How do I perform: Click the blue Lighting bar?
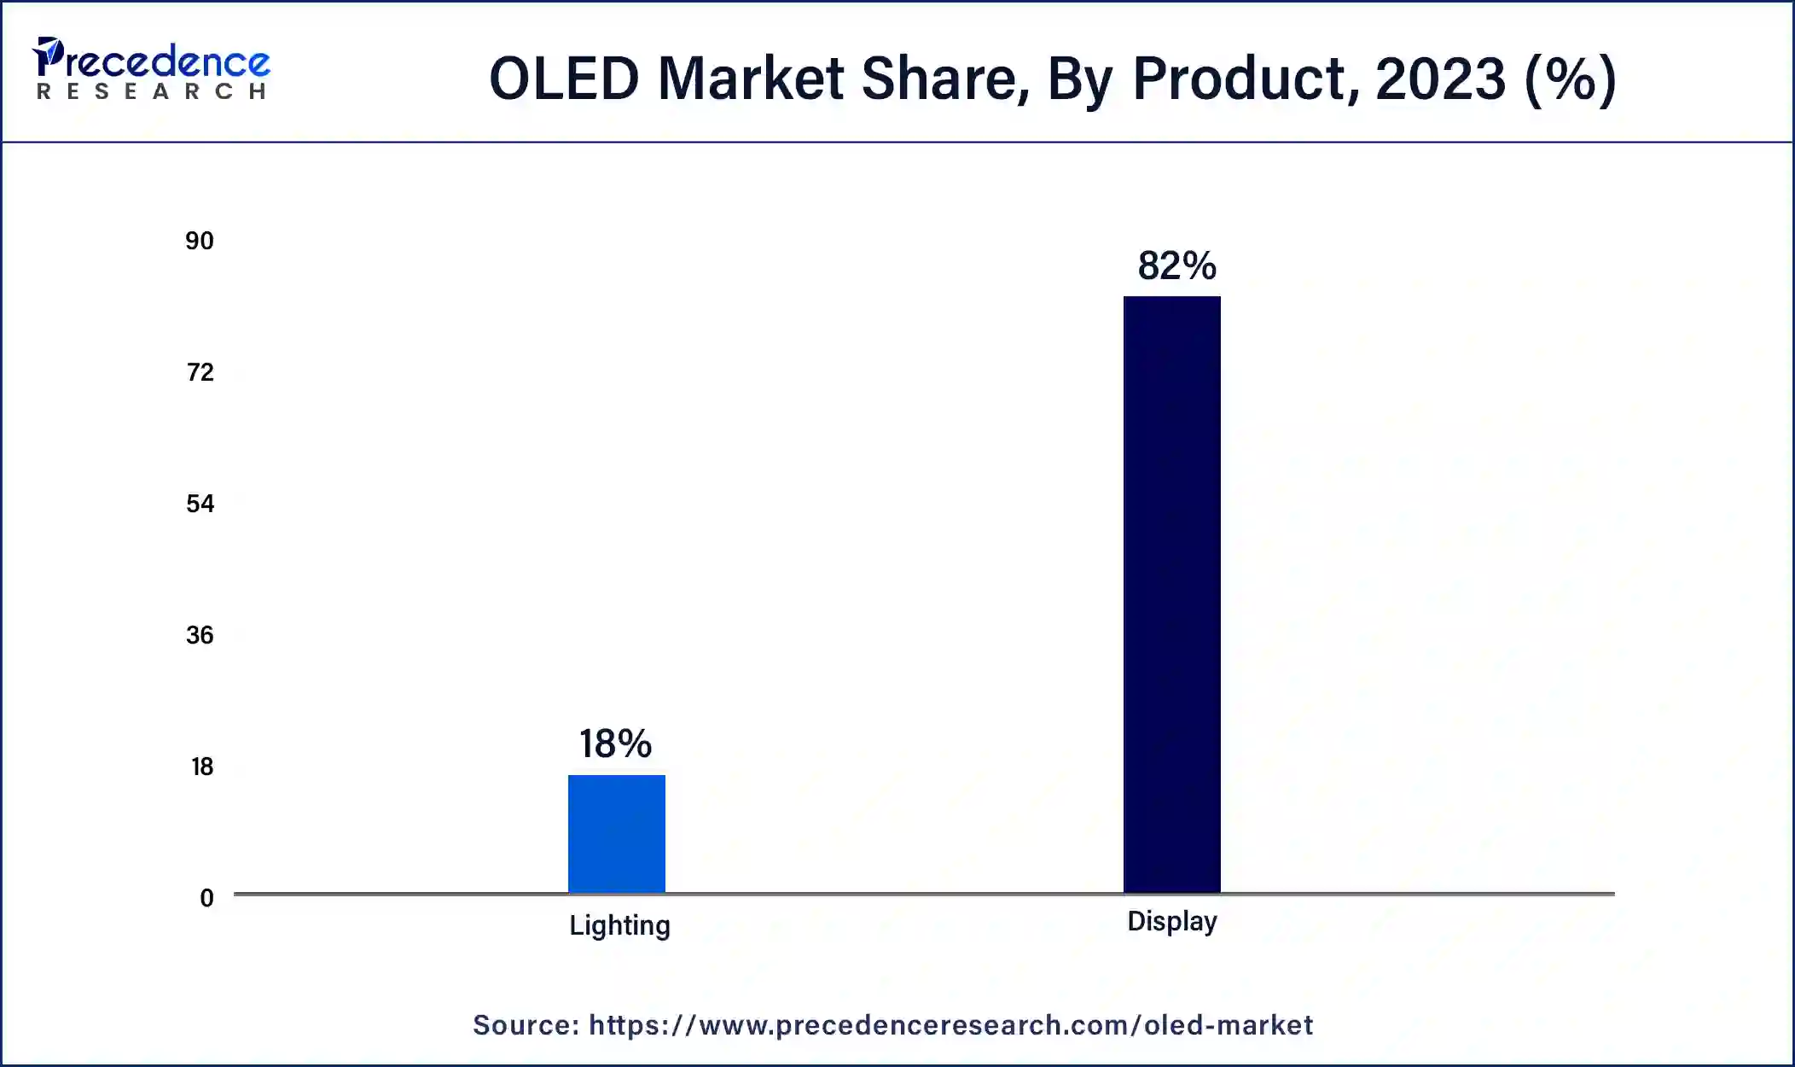[617, 834]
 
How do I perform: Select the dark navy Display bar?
[1171, 594]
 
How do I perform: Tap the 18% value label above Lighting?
[615, 743]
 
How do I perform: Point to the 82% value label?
[1176, 265]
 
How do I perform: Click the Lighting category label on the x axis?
[619, 926]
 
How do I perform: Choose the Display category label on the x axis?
[1172, 922]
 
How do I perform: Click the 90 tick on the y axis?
[200, 241]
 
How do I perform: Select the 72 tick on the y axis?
[200, 372]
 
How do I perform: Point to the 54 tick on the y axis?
[200, 504]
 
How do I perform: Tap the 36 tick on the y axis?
[200, 635]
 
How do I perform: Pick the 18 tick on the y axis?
[201, 767]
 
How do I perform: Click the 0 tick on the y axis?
[206, 898]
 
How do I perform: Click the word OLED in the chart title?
[564, 79]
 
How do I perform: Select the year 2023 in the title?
[1440, 79]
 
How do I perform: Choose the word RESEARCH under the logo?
[151, 91]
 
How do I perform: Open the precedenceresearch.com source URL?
[950, 1025]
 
